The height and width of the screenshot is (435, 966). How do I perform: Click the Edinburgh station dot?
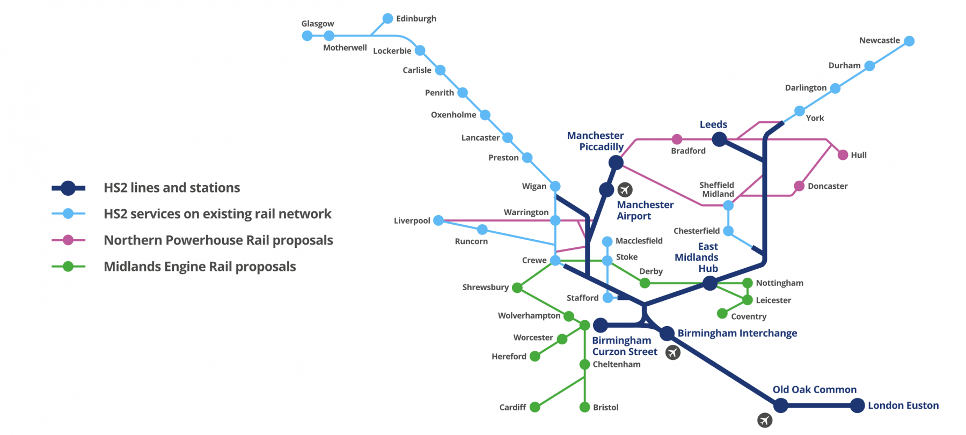tap(387, 19)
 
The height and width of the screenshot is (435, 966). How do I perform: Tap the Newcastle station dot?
tap(909, 41)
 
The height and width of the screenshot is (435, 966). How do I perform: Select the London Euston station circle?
tap(858, 405)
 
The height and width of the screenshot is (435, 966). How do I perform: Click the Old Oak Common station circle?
tap(781, 405)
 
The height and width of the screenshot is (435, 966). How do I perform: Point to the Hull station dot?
tap(843, 155)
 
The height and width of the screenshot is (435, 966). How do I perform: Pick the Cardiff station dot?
tap(535, 407)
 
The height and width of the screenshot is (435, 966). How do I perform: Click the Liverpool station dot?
tap(438, 220)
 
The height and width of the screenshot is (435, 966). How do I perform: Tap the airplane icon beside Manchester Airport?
tap(625, 189)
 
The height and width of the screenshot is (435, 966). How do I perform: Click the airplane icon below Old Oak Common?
tap(765, 421)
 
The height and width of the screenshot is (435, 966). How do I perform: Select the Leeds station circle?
tap(719, 139)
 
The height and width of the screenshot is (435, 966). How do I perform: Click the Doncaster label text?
tap(828, 186)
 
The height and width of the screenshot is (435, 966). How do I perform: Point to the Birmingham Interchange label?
tap(737, 333)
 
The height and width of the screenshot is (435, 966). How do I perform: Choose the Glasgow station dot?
tap(307, 36)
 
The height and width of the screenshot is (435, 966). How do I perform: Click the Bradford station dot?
tap(677, 139)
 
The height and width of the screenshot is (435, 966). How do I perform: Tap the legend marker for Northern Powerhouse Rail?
tap(68, 240)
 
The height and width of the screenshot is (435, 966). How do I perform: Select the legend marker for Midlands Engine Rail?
tap(68, 267)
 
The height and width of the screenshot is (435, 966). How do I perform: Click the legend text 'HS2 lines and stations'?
tap(172, 188)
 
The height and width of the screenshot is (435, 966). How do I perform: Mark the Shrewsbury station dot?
tap(517, 288)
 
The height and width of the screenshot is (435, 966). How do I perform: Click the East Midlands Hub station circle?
tap(710, 283)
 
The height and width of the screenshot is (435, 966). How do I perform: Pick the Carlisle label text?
tap(417, 70)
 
